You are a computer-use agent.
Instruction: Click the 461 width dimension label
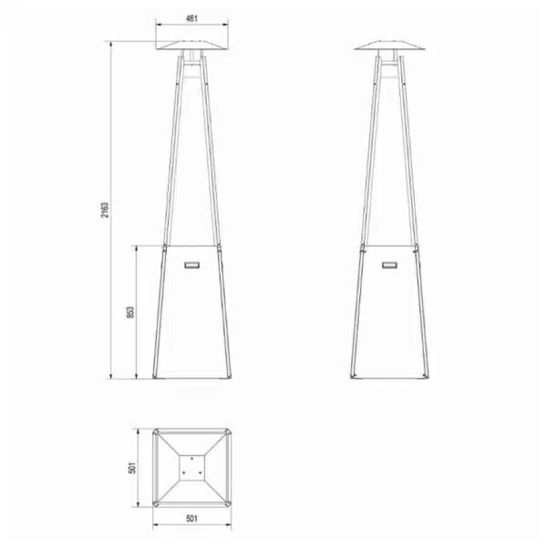pos(191,18)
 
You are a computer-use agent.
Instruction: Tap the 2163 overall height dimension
pos(105,210)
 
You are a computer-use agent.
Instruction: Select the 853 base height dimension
pos(130,313)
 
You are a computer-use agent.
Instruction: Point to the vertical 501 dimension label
pos(132,468)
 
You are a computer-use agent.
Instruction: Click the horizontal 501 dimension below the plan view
pos(191,519)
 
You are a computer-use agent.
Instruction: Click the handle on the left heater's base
pos(191,264)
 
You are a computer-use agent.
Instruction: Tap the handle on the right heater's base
pos(389,264)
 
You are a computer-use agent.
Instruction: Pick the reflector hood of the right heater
pos(389,45)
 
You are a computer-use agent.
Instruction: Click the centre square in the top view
pos(191,468)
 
